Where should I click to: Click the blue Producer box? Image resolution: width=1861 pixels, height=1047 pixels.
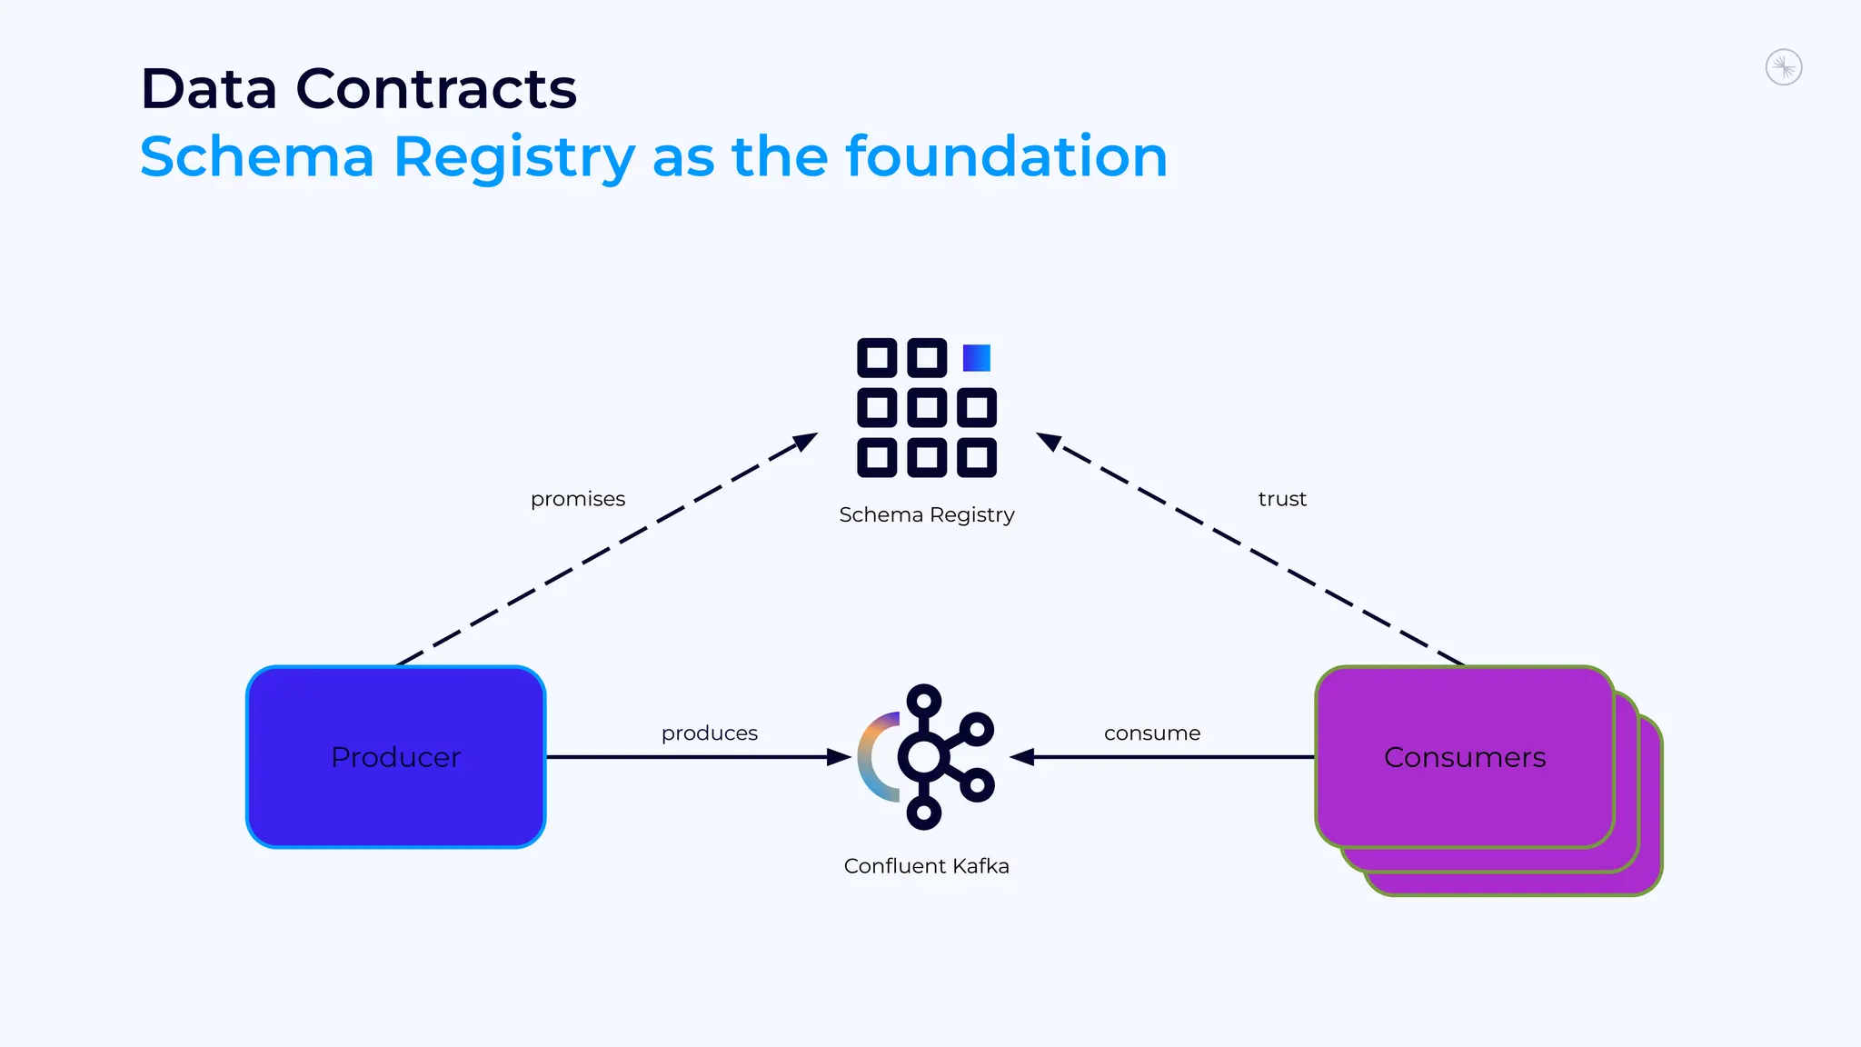pos(395,757)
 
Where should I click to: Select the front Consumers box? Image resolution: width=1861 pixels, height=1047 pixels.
pos(1464,757)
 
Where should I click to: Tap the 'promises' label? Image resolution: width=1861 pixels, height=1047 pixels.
pos(578,499)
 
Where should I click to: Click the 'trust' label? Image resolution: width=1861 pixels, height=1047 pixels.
pos(1282,499)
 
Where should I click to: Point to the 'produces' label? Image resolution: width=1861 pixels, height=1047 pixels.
pos(709,733)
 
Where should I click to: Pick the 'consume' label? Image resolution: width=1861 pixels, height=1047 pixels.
pos(1151,733)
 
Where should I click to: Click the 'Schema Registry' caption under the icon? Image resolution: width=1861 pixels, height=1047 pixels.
pos(926,515)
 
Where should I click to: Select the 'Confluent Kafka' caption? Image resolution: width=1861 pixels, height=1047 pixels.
pos(926,866)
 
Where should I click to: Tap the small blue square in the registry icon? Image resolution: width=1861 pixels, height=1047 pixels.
pos(977,357)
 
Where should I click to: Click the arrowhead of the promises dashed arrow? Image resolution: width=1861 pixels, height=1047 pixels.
pos(806,441)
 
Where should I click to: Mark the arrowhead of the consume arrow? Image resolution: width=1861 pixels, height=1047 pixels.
pos(1022,757)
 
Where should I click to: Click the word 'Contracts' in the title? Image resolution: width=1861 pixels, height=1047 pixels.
pos(436,89)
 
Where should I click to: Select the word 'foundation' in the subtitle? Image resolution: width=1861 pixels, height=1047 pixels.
pos(1006,156)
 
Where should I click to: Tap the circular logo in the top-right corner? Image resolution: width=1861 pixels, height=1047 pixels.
pos(1783,67)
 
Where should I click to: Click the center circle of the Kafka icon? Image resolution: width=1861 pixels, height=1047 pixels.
pos(924,757)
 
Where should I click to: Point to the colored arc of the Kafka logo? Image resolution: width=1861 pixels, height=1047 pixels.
pos(870,757)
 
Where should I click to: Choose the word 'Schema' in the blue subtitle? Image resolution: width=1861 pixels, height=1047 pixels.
pos(257,156)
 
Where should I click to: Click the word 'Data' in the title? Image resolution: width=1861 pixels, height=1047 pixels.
pos(209,89)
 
